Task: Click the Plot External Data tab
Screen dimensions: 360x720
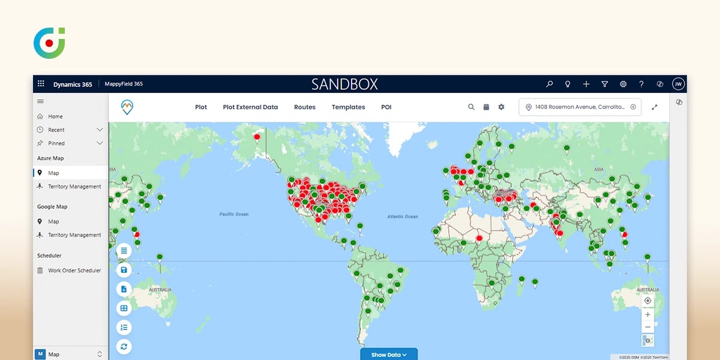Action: click(x=250, y=107)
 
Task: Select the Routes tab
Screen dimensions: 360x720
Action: click(x=304, y=107)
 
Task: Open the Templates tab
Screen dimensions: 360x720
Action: click(x=348, y=107)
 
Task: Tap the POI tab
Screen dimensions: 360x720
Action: click(x=386, y=107)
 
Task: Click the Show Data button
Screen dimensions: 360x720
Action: click(x=388, y=355)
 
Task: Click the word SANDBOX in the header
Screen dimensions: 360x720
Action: click(x=344, y=85)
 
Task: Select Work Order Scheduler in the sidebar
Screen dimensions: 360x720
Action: click(x=74, y=271)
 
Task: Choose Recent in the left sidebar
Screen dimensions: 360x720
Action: click(x=56, y=130)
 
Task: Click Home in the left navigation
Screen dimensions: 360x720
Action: click(x=55, y=116)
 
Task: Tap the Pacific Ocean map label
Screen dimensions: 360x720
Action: click(x=234, y=214)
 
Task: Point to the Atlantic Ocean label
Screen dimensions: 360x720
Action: click(x=403, y=217)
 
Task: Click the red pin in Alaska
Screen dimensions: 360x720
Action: click(x=257, y=137)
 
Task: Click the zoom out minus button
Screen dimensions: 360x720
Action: click(x=647, y=327)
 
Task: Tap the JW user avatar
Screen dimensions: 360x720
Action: click(x=678, y=85)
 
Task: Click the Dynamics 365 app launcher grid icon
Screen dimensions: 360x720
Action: click(x=41, y=84)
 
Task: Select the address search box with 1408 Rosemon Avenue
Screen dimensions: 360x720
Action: click(x=580, y=107)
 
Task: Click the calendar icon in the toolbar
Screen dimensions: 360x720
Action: click(x=486, y=107)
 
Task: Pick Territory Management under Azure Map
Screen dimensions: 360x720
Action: click(x=74, y=187)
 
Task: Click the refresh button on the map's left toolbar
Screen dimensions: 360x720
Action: click(x=124, y=346)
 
